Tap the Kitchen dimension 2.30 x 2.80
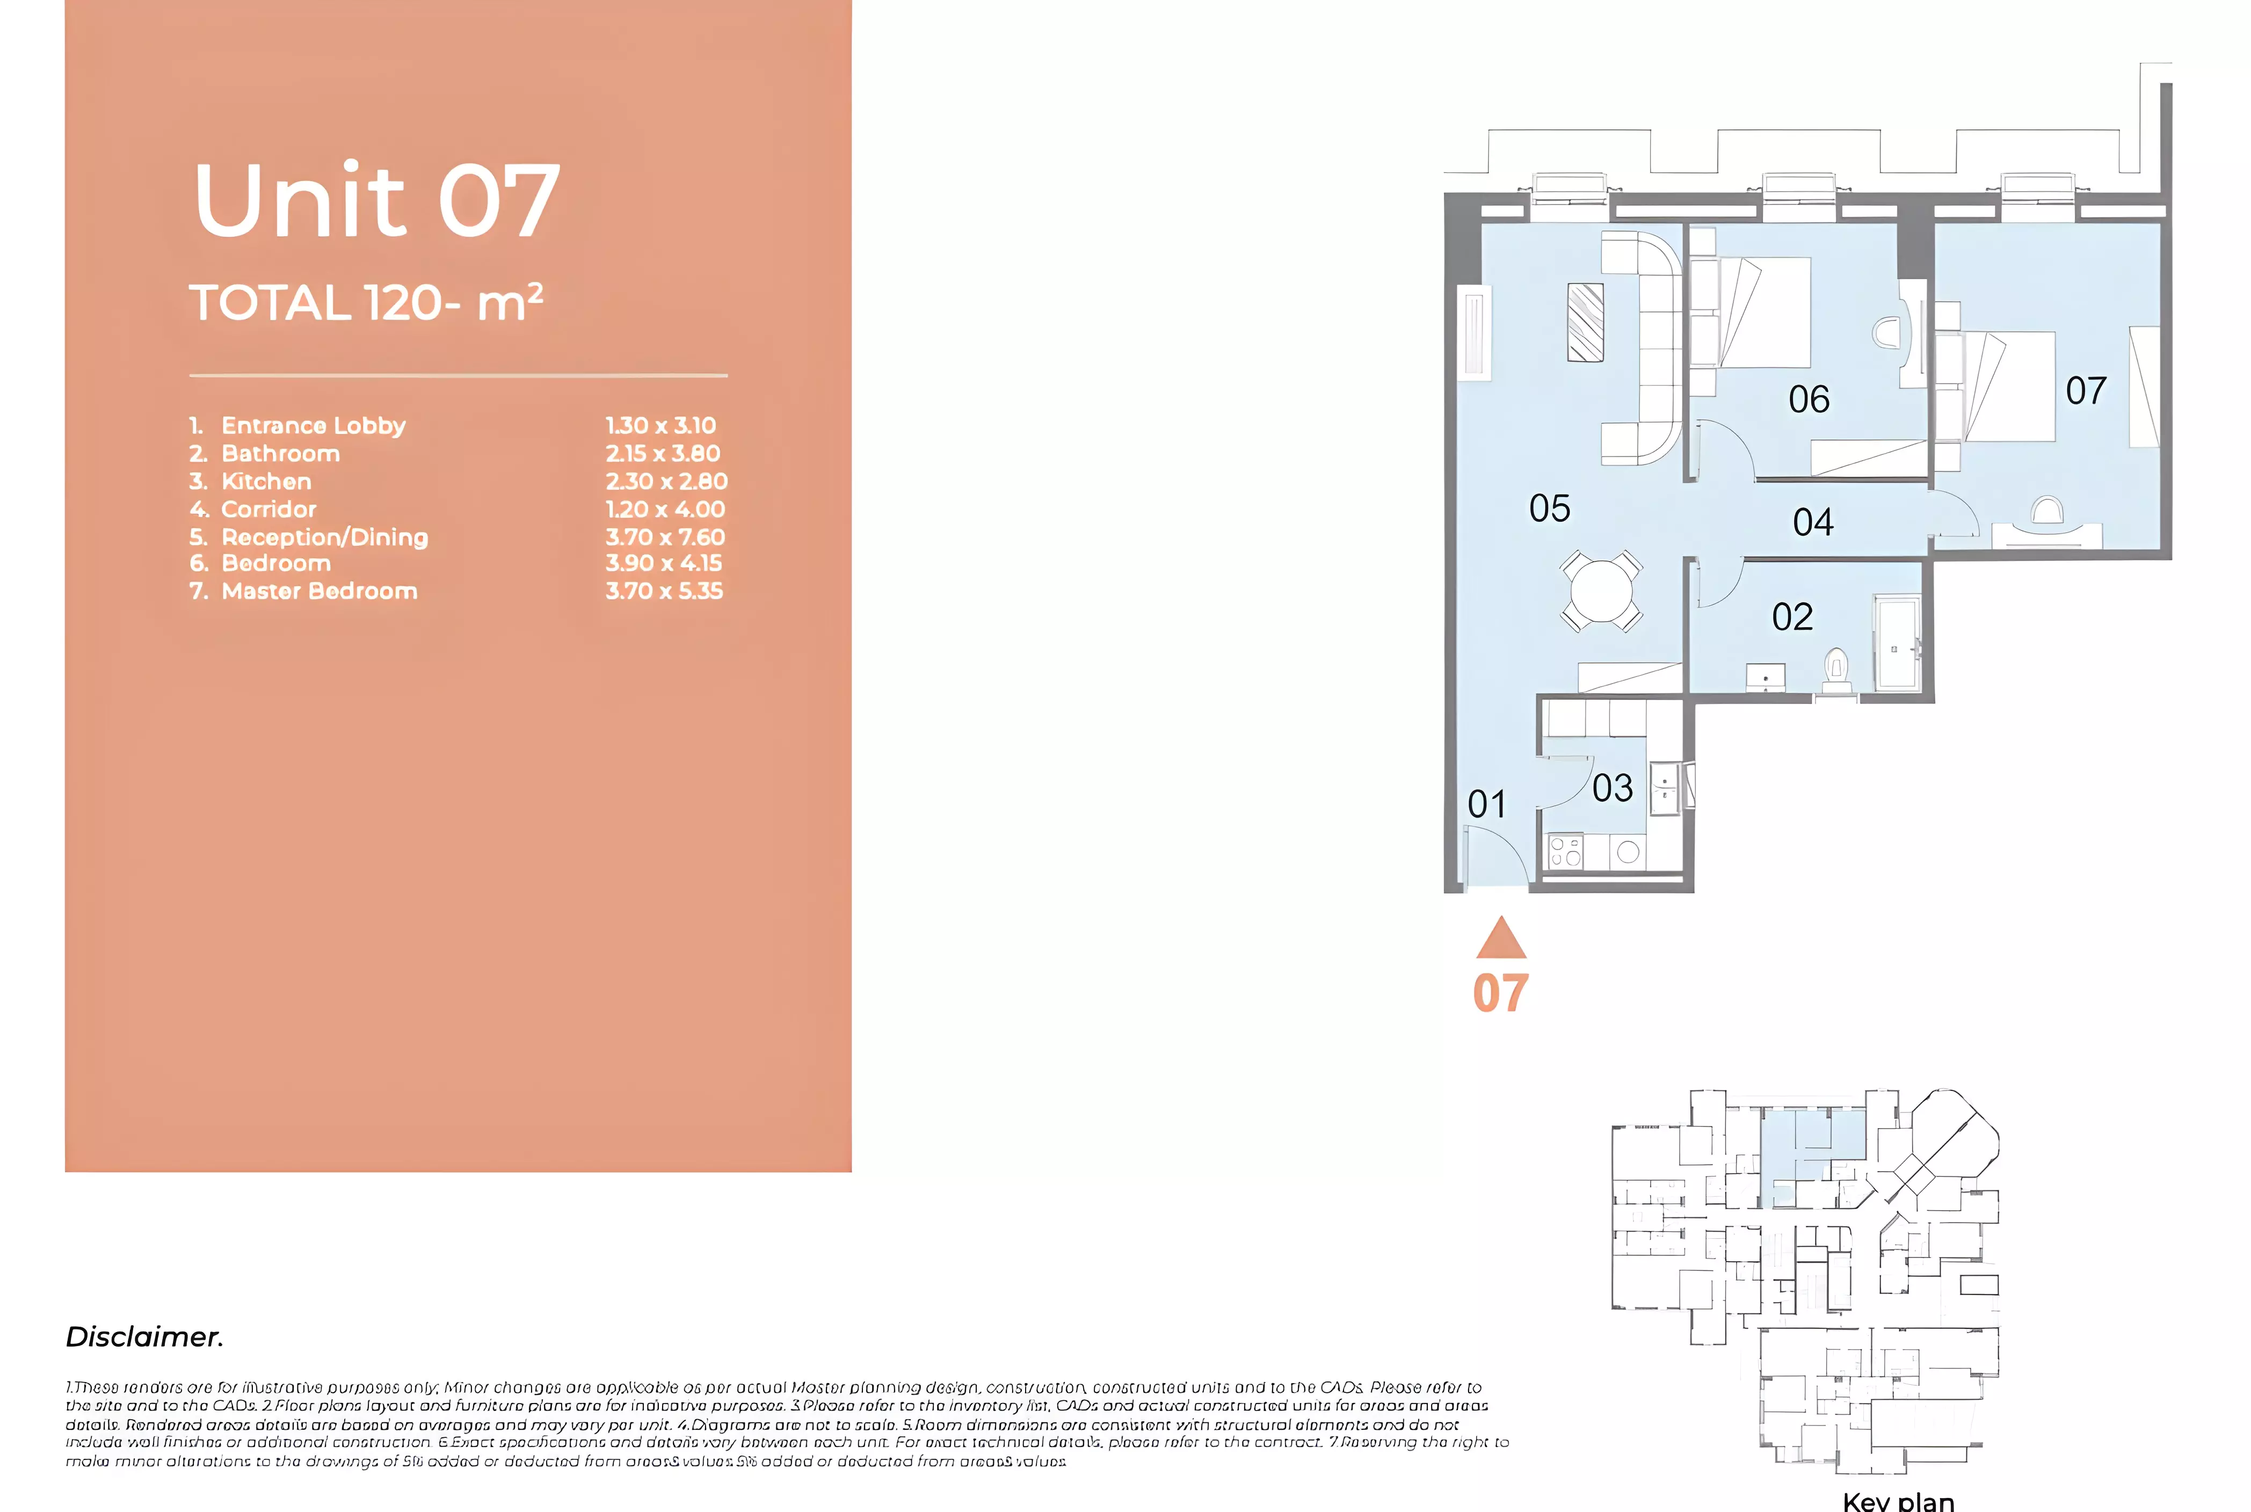coord(665,481)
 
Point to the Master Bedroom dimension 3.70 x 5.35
coord(664,591)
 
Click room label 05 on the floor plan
coord(1549,508)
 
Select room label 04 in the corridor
coord(1812,522)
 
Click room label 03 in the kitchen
coord(1611,788)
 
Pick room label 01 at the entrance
coord(1486,803)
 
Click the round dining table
coord(1601,590)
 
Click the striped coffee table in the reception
coord(1586,322)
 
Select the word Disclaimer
coord(144,1336)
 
